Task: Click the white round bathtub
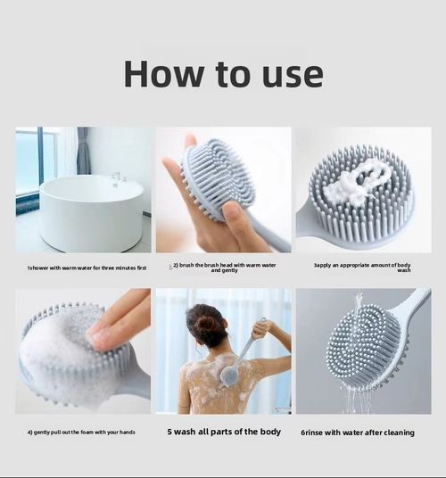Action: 90,213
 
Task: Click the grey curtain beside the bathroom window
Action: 83,151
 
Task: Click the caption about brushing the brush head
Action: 224,267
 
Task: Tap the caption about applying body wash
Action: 362,267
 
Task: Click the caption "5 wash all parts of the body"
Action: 224,432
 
